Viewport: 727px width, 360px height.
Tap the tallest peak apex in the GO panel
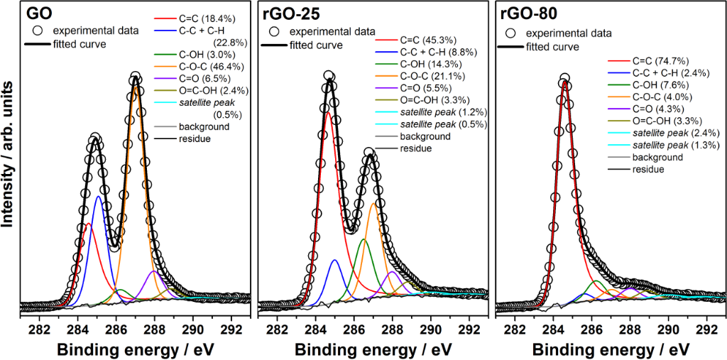135,77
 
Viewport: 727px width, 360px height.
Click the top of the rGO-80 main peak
564,79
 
